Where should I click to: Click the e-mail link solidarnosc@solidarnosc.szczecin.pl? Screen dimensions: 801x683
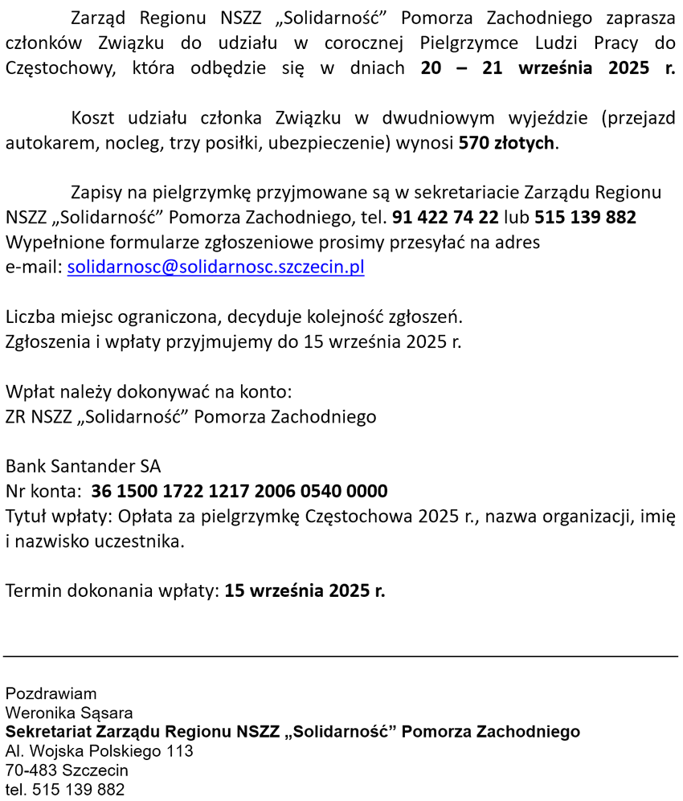(215, 268)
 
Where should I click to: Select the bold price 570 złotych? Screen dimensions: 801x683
(506, 144)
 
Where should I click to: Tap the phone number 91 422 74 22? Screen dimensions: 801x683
(445, 217)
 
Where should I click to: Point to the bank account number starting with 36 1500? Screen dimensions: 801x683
(239, 491)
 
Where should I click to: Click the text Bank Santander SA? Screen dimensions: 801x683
(84, 466)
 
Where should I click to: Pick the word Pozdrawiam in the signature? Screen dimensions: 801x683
(51, 693)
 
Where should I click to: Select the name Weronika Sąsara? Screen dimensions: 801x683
(69, 713)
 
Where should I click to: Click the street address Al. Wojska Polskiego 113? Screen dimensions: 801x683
(100, 751)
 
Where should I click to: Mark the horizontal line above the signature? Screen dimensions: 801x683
(341, 656)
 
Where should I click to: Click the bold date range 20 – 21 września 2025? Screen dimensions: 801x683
(547, 67)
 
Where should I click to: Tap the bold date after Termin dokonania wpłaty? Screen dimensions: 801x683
(305, 591)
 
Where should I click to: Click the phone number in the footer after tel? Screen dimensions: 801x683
(78, 790)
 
